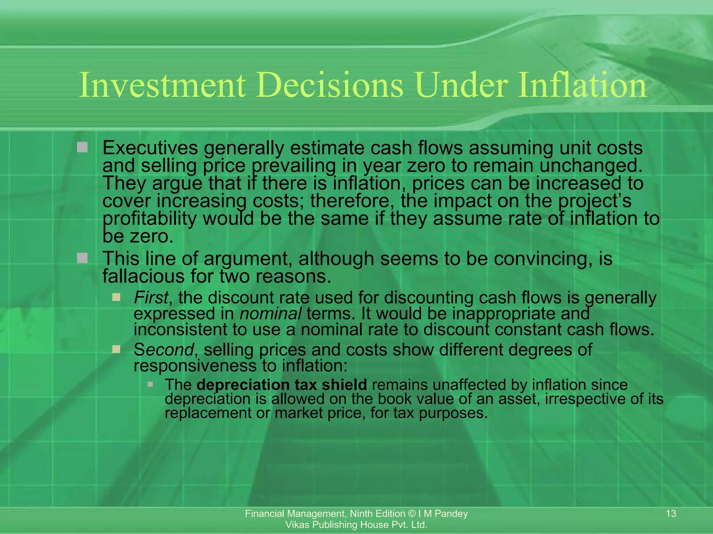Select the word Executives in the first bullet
[x=150, y=148]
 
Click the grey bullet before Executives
[x=83, y=147]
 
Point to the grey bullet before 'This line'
[x=83, y=258]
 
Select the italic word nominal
[x=271, y=314]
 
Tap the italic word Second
[x=163, y=350]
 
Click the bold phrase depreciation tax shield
[x=281, y=385]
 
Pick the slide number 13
[x=671, y=513]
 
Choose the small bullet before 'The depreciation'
[x=150, y=384]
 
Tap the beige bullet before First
[x=116, y=297]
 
